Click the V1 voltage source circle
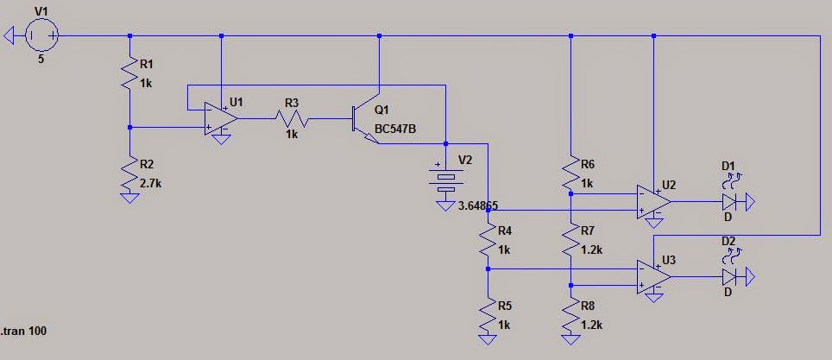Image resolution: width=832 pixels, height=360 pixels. click(41, 35)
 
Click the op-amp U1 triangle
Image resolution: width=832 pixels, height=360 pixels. click(221, 119)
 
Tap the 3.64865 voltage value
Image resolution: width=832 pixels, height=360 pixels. click(477, 205)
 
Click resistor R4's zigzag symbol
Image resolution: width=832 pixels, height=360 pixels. click(488, 241)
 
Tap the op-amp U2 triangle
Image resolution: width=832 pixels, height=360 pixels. click(653, 202)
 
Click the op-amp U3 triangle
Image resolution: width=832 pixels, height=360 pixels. click(653, 276)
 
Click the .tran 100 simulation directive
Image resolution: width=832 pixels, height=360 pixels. click(24, 331)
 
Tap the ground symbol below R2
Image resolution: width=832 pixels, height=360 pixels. click(130, 198)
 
